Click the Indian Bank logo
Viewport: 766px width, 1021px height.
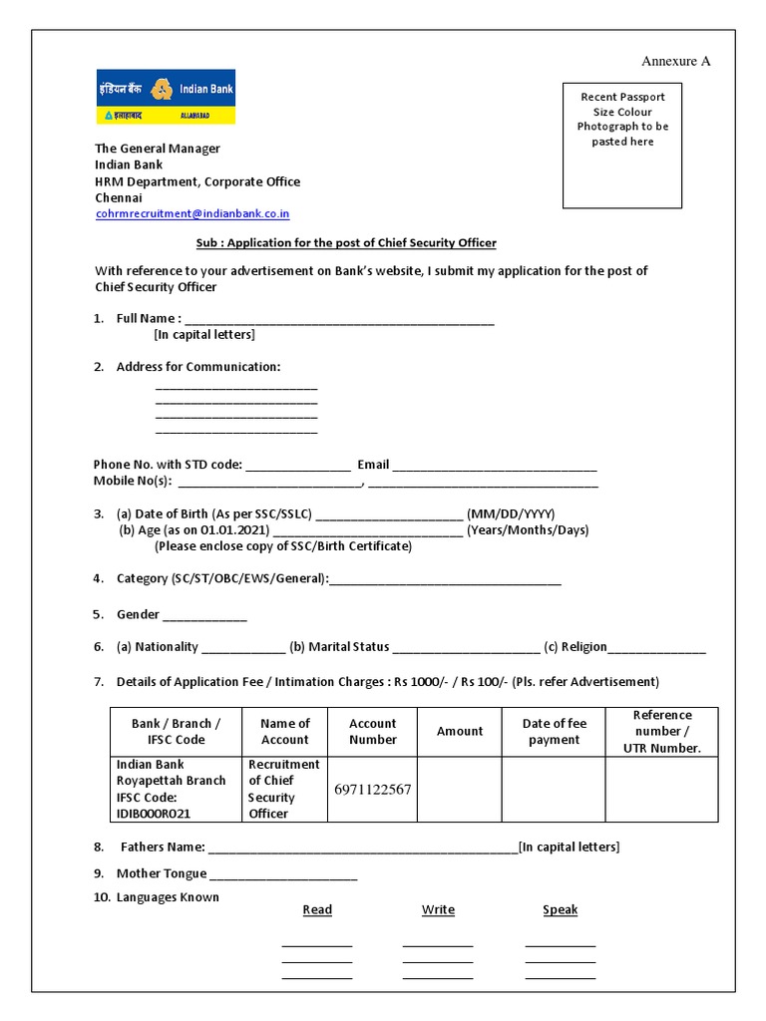[x=165, y=97]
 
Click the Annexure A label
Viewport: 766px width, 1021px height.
[x=675, y=61]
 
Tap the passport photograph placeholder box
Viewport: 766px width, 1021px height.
[x=622, y=147]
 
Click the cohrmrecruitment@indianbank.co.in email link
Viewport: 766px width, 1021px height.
[x=192, y=213]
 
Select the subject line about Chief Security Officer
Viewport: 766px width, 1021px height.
[x=345, y=243]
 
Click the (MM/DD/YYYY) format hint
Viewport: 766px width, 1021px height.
[x=511, y=514]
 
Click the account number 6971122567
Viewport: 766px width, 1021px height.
[x=373, y=790]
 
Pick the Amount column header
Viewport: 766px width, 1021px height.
[x=459, y=732]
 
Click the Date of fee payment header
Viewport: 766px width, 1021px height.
[x=554, y=732]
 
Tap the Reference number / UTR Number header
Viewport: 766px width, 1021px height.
[x=661, y=732]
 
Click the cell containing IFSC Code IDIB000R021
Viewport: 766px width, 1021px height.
[x=175, y=789]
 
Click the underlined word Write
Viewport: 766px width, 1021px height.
[x=438, y=909]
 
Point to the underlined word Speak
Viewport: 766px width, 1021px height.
[x=560, y=909]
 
